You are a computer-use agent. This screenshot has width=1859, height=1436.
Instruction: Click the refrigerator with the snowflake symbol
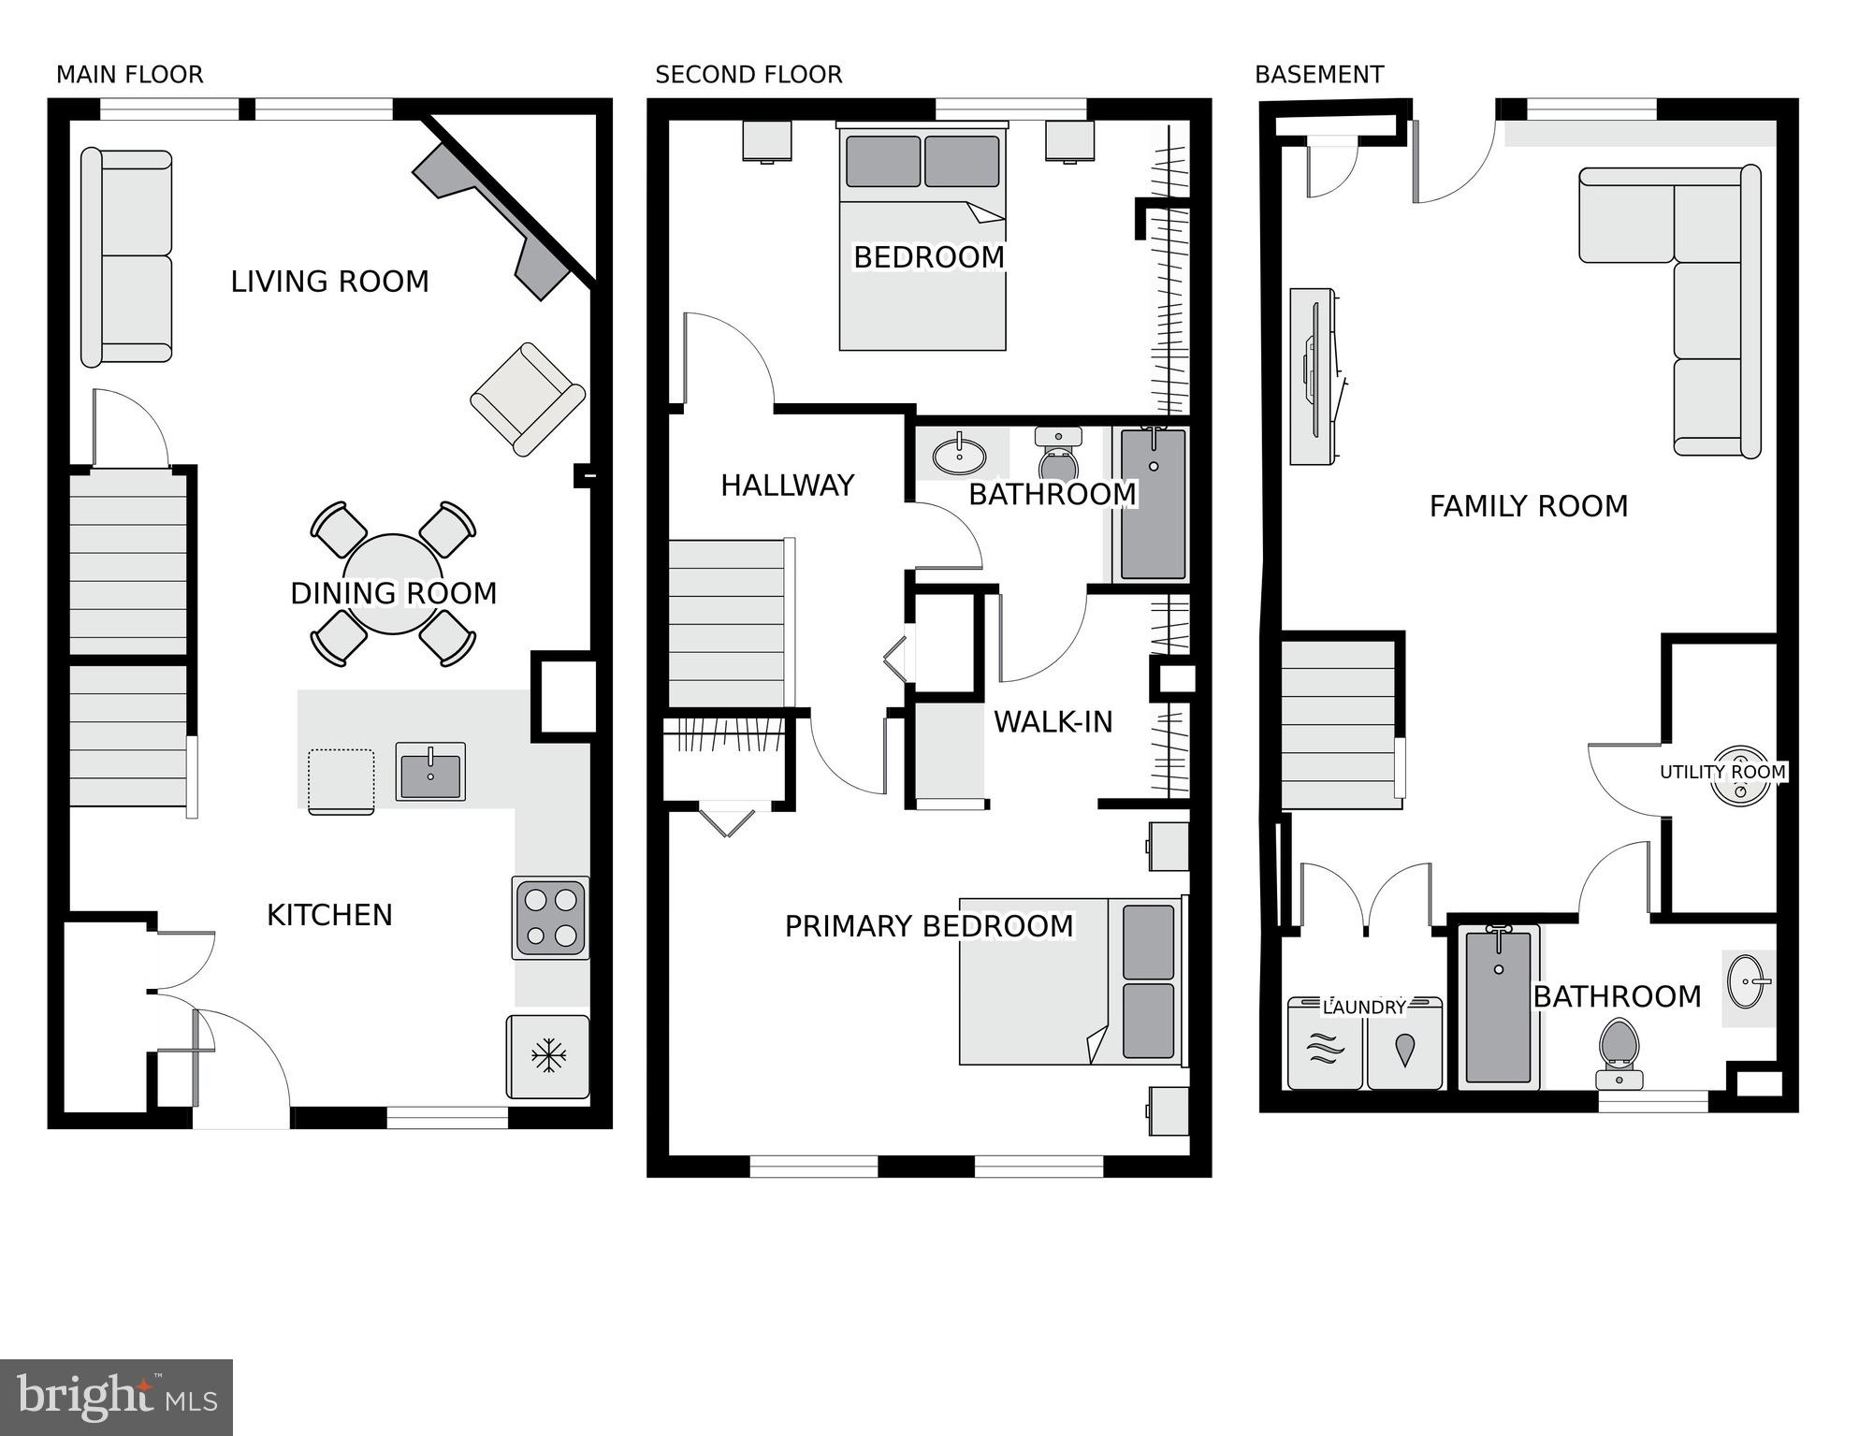pos(548,1056)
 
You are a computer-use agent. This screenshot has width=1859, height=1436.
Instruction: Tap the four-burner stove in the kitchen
pos(550,918)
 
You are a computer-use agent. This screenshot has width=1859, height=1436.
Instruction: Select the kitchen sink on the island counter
pos(430,772)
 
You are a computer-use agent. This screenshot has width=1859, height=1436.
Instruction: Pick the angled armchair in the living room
pos(528,399)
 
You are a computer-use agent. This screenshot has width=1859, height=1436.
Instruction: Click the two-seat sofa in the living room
pos(126,256)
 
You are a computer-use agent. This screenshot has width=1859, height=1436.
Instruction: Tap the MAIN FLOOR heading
pos(129,75)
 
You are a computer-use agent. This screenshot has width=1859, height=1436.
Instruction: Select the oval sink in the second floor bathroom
pos(959,456)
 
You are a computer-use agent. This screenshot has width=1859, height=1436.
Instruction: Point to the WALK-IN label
pos(1053,722)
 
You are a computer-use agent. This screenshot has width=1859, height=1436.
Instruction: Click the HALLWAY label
pos(787,486)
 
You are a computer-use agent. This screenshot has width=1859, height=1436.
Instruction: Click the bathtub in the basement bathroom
pos(1499,1008)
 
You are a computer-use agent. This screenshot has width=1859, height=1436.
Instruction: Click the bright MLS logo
pos(116,1397)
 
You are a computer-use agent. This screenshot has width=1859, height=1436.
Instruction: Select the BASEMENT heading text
pos(1319,75)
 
